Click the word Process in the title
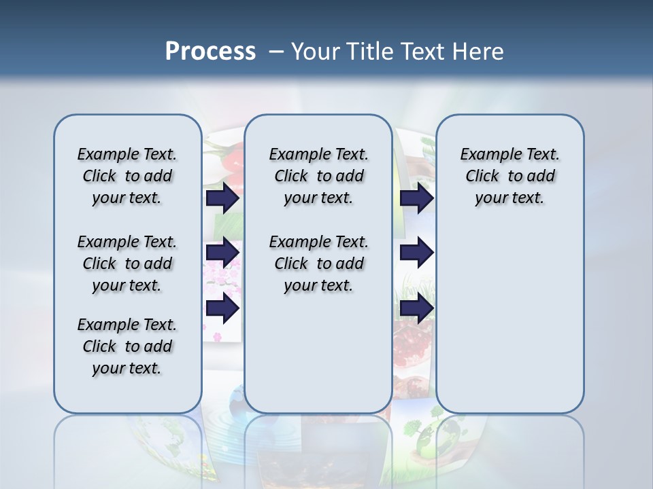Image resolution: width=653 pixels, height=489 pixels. (x=210, y=51)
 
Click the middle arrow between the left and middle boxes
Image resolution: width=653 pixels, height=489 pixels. (x=222, y=253)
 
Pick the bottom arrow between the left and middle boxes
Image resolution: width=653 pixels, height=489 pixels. (x=222, y=308)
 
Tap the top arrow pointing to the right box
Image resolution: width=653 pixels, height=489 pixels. (x=416, y=198)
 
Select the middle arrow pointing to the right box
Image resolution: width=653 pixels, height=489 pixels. (x=416, y=253)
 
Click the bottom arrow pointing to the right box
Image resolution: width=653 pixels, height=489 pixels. (x=416, y=308)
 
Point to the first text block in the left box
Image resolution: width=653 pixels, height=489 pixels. (x=127, y=176)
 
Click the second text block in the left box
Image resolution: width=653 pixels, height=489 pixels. (x=127, y=264)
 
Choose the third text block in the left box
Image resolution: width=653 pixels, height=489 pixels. (x=127, y=346)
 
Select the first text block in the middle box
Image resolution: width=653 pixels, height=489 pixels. (x=318, y=176)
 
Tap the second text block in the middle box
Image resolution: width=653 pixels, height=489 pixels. (x=318, y=264)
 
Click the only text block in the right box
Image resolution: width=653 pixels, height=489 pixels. (x=509, y=176)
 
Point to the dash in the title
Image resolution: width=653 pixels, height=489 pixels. (x=275, y=52)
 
